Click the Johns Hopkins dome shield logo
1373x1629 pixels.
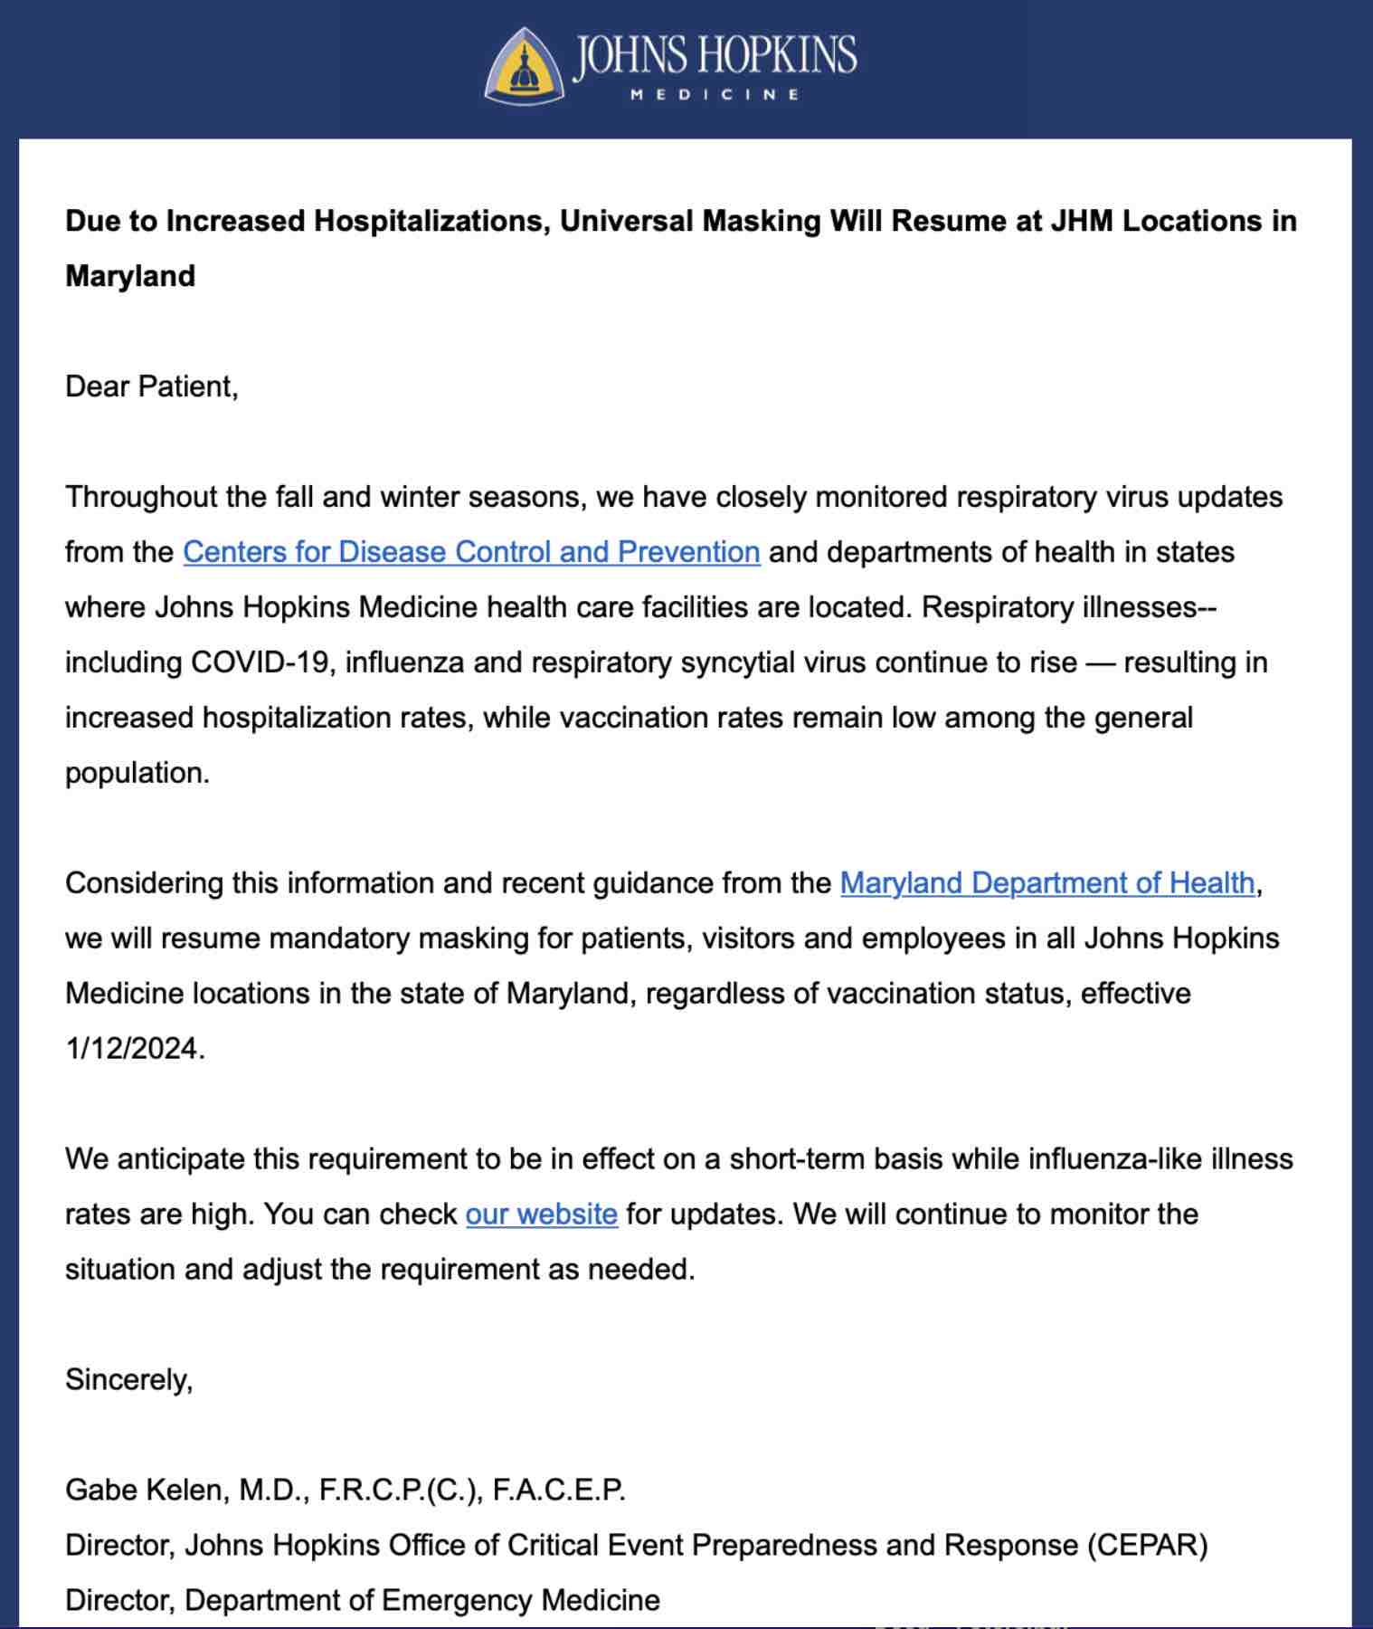(524, 65)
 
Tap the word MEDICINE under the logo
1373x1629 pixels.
(715, 94)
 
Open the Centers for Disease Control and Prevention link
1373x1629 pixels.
(471, 552)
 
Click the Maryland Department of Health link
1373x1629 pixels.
(1047, 882)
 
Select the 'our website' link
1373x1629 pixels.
(541, 1214)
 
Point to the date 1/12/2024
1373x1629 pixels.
(134, 1048)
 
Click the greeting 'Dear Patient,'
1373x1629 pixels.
(152, 386)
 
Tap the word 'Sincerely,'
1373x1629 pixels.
(128, 1379)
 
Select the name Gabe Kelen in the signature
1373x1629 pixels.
(146, 1490)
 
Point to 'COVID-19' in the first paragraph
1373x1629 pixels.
(259, 662)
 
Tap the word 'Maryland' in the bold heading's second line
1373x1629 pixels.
(130, 276)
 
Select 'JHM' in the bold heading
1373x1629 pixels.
(1081, 221)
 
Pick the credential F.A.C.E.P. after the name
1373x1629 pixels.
(558, 1490)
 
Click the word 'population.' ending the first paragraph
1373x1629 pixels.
(137, 773)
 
